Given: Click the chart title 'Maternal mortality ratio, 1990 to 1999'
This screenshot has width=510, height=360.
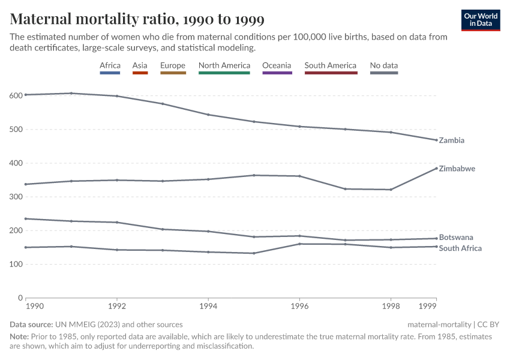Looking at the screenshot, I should [x=137, y=19].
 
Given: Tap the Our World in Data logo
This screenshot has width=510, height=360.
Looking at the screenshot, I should [x=481, y=19].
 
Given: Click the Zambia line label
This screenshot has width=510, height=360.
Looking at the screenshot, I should [x=452, y=140].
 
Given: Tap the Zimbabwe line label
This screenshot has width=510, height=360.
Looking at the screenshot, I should [x=457, y=169].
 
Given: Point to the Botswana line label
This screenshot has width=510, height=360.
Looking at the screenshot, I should [x=456, y=238].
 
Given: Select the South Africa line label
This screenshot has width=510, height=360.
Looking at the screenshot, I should [x=460, y=248].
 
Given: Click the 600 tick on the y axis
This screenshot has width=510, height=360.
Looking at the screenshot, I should [x=16, y=95].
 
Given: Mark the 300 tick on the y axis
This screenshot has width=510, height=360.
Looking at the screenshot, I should [x=16, y=197].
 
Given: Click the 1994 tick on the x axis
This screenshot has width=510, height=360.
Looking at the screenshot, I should [x=208, y=306].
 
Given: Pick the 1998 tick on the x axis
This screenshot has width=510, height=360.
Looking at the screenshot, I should [x=391, y=306].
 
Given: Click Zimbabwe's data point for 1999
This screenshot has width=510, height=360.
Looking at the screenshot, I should [x=436, y=169].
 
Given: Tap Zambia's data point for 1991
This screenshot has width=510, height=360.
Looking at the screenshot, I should [x=71, y=93].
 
